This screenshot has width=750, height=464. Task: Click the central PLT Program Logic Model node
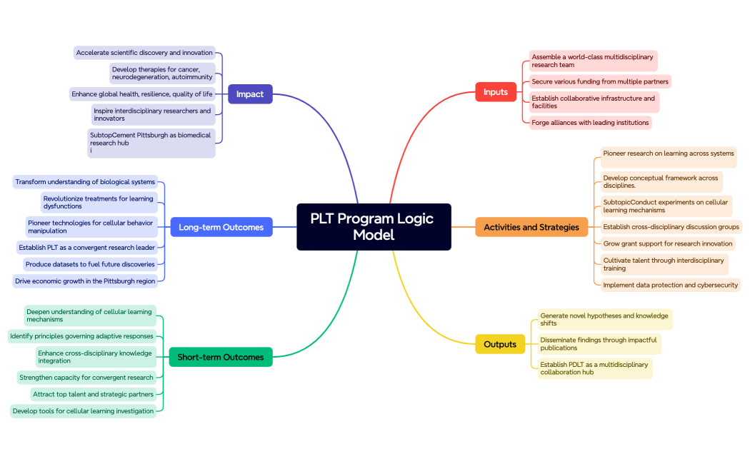point(374,227)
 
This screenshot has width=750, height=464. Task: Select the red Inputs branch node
point(496,92)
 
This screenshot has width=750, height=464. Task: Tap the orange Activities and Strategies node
point(531,228)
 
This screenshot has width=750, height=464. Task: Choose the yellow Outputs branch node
point(500,344)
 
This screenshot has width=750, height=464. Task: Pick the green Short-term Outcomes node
point(221,357)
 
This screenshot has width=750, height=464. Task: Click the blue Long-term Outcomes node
point(221,228)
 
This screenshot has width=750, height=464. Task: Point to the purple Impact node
point(250,94)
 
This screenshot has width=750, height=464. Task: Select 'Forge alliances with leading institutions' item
point(590,123)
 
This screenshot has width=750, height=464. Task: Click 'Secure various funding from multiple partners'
point(600,82)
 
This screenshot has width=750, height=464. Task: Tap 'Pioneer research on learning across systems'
point(668,153)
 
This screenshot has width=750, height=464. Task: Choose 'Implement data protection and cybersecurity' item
point(669,285)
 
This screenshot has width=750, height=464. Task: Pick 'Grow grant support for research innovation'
point(667,243)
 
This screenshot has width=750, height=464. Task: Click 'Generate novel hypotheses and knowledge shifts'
point(604,319)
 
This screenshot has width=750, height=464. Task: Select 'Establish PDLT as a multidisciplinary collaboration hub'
point(594,368)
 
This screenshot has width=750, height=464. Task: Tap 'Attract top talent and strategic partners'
point(93,394)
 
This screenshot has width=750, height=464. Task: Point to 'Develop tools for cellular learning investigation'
point(84,411)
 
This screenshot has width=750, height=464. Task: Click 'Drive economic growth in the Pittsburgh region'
point(85,281)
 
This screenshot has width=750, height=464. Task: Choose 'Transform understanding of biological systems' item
point(85,182)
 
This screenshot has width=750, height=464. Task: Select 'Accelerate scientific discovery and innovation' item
point(144,53)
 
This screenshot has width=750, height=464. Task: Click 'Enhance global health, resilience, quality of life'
point(142,94)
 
